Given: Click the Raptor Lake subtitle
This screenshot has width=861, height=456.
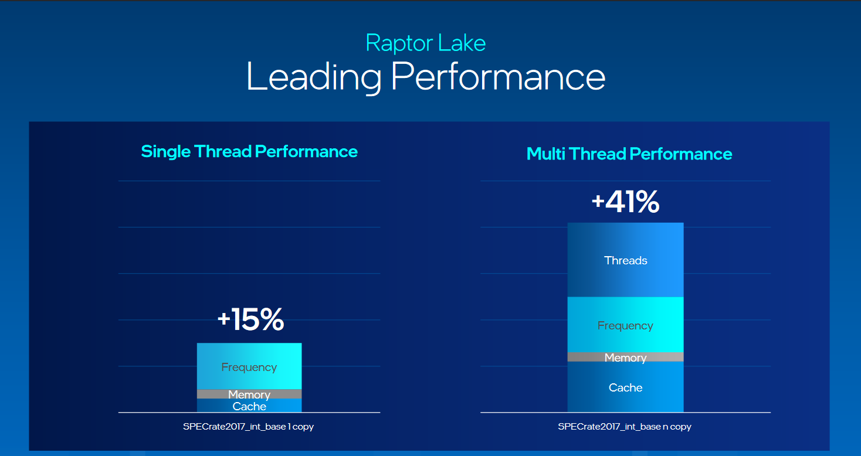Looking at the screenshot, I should tap(426, 43).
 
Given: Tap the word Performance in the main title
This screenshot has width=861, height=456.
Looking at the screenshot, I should tap(498, 76).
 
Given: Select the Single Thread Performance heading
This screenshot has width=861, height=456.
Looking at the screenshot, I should tap(249, 151).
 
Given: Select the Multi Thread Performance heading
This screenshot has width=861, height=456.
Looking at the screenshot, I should tap(629, 154).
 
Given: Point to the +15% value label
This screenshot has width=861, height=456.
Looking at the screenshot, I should tap(250, 320).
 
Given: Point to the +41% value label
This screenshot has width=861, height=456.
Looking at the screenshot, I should tap(625, 202).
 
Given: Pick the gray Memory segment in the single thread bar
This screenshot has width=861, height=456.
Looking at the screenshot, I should tap(249, 394).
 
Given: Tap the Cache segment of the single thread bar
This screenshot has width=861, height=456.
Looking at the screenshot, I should tap(249, 406).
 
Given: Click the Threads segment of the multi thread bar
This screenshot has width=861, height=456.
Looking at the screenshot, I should tap(625, 260).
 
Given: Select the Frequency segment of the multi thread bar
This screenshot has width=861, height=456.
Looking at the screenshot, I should tap(625, 325).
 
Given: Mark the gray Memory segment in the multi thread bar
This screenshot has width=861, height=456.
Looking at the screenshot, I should tap(625, 358).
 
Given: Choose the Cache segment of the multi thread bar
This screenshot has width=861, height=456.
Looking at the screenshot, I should tap(625, 387).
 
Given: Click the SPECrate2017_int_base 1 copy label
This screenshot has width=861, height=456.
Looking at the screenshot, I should tap(248, 427).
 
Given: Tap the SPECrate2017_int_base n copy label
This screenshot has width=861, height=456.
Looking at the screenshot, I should tap(625, 427).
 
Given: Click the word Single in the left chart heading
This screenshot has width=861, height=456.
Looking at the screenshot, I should tap(166, 151).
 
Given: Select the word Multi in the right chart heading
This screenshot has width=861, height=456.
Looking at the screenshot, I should tap(547, 154).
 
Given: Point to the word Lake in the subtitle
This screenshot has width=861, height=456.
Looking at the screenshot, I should tap(463, 43).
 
